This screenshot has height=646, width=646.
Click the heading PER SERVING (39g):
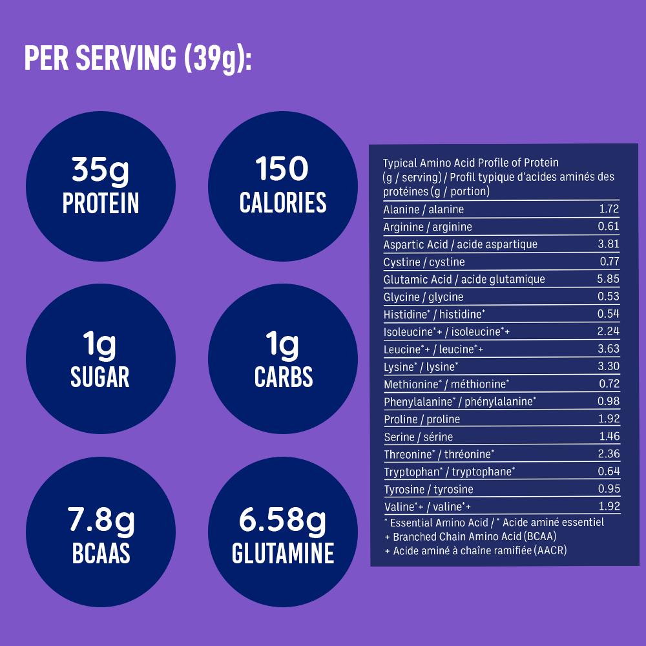[137, 58]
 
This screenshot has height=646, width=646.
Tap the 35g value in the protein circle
[100, 170]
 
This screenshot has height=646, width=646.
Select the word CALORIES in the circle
[283, 203]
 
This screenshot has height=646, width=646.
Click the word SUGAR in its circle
[100, 377]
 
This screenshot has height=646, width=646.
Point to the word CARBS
[284, 377]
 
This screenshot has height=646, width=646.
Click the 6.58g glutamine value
[283, 520]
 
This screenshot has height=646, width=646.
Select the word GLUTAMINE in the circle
[283, 553]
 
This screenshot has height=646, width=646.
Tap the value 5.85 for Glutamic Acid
[609, 279]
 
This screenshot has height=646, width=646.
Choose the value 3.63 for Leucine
[609, 349]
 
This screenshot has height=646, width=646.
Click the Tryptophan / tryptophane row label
[450, 472]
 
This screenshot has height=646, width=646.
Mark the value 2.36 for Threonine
[609, 454]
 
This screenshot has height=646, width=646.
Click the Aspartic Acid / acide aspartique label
[461, 244]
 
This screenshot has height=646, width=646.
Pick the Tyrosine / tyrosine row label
[429, 489]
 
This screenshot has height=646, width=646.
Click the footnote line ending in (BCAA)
[470, 536]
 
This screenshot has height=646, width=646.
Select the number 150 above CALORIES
[282, 170]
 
